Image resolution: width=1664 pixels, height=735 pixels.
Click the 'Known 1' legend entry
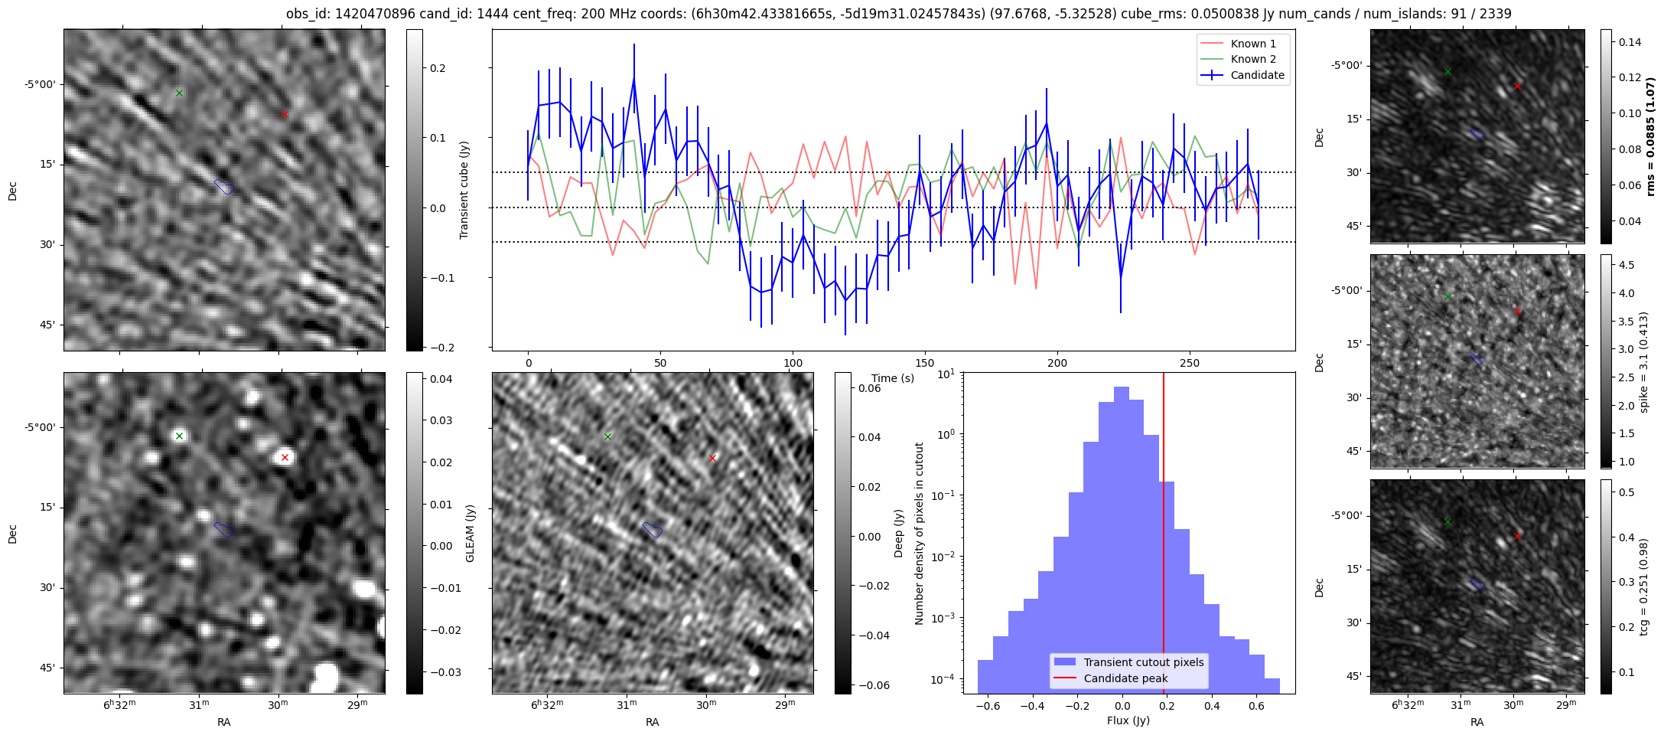1252,44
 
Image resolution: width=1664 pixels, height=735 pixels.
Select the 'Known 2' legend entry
1252,59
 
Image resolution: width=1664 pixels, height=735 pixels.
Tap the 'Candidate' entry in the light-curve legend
1257,75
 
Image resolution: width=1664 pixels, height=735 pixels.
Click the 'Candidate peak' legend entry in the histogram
1125,678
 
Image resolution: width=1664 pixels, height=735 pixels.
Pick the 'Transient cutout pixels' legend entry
1143,662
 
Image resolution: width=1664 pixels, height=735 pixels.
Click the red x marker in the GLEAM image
285,458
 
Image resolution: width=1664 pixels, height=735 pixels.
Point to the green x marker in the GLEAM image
179,436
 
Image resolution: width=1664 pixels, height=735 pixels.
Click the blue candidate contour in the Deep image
652,530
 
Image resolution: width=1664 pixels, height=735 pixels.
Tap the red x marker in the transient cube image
285,114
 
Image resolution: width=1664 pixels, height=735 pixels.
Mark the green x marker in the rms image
1447,71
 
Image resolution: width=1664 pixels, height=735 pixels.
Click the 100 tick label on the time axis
793,363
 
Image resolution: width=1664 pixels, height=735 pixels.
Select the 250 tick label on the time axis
1190,363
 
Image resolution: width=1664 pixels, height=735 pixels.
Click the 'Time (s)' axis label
893,378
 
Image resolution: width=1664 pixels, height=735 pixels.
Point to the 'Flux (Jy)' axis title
1128,720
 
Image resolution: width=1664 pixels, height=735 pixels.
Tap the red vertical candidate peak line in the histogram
1164,536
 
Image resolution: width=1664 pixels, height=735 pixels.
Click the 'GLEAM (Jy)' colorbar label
470,533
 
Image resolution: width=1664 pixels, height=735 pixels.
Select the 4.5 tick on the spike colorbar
1627,265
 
